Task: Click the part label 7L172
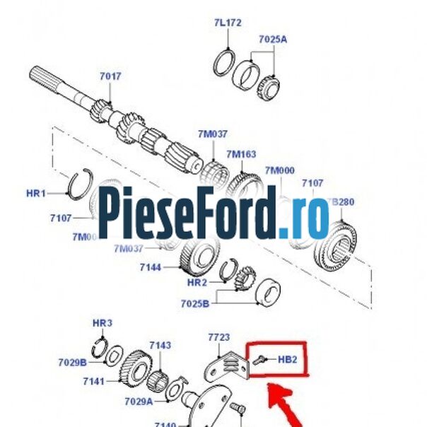[x=228, y=23]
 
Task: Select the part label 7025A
[x=271, y=40]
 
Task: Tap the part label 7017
[x=110, y=76]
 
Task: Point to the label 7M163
[x=241, y=154]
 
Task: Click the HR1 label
[x=35, y=193]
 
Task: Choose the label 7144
[x=150, y=267]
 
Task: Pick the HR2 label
[x=197, y=282]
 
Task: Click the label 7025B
[x=195, y=304]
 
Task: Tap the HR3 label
[x=103, y=323]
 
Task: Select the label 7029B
[x=72, y=363]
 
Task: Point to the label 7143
[x=160, y=345]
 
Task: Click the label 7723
[x=219, y=338]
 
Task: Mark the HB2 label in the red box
[x=287, y=359]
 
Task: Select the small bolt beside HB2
[x=260, y=359]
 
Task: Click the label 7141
[x=93, y=381]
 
